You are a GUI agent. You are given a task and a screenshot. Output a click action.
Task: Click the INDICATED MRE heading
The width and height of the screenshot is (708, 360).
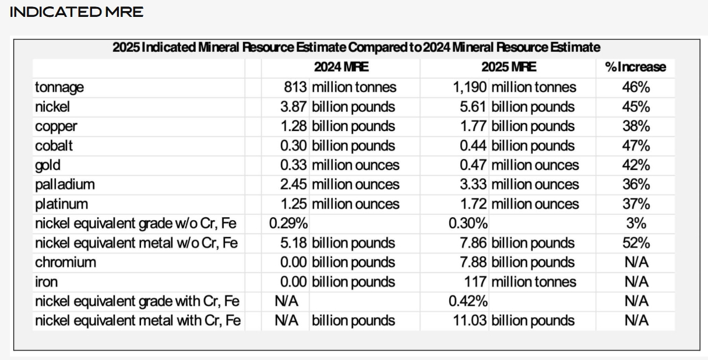(x=76, y=12)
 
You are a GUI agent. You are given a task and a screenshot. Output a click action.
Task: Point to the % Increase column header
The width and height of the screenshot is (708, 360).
(x=635, y=68)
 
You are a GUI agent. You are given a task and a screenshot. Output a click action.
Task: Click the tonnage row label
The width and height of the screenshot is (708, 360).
(x=59, y=87)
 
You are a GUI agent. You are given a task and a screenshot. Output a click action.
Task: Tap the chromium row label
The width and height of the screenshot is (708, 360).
(x=65, y=262)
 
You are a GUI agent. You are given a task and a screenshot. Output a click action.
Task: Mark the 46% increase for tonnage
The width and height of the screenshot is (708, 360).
(x=635, y=87)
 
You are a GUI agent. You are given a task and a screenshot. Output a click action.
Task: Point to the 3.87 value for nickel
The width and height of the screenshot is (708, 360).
(x=294, y=107)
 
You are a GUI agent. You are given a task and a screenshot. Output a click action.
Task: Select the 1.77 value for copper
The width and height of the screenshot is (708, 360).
(x=474, y=126)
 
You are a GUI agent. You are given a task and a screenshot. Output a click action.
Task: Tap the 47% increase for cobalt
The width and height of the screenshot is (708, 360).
(x=635, y=146)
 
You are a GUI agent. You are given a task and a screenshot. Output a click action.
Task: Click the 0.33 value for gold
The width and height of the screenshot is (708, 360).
(x=294, y=165)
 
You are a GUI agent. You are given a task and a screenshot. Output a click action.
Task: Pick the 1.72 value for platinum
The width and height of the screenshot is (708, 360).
(x=474, y=204)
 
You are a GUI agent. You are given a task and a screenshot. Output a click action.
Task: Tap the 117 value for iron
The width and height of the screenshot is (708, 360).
(x=477, y=282)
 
